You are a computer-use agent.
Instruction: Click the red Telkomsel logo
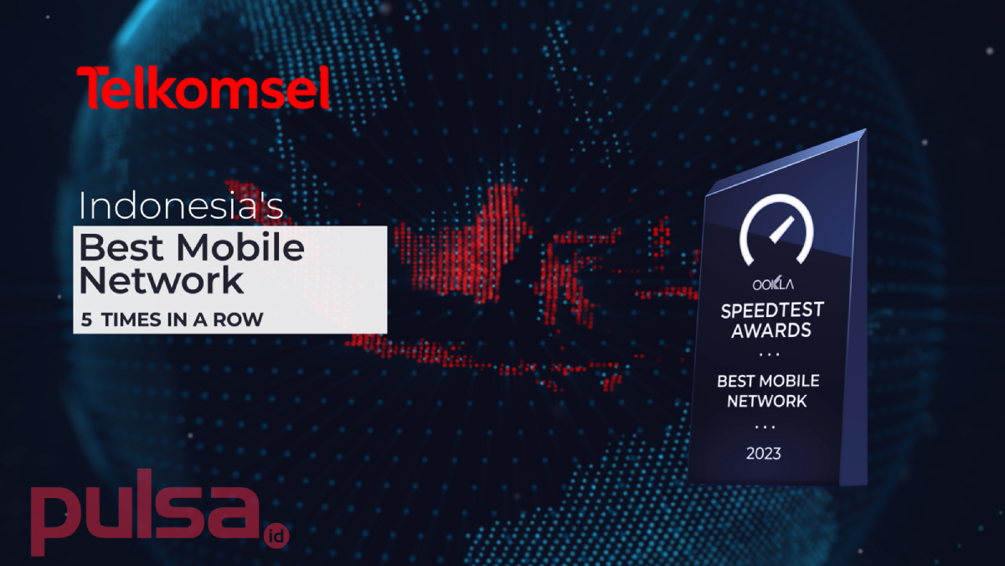[204, 87]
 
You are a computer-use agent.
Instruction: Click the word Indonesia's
[181, 206]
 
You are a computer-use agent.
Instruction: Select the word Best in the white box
[121, 247]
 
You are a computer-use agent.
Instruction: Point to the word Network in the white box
[161, 280]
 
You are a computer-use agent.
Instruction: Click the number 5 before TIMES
[86, 319]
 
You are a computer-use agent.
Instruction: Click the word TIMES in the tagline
[131, 319]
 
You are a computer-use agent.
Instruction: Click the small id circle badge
[276, 536]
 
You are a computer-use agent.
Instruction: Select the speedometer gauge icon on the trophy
[776, 230]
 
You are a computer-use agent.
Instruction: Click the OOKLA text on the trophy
[772, 284]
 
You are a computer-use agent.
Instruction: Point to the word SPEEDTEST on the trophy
[772, 310]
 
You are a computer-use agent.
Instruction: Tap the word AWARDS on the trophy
[771, 331]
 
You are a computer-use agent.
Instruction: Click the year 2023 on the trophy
[763, 454]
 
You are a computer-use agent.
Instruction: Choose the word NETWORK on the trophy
[766, 401]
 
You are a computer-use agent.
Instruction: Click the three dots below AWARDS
[769, 355]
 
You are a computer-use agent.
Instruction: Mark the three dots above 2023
[765, 427]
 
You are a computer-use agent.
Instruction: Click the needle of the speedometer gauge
[782, 230]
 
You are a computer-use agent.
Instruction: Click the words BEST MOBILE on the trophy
[768, 381]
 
